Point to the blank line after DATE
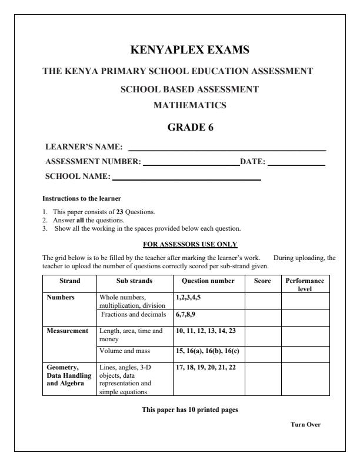[x=296, y=165]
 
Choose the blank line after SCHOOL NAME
[x=186, y=179]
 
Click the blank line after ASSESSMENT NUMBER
[x=191, y=165]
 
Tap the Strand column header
[x=69, y=281]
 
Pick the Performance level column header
[x=305, y=285]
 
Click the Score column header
[x=262, y=281]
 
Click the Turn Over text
[x=306, y=425]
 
